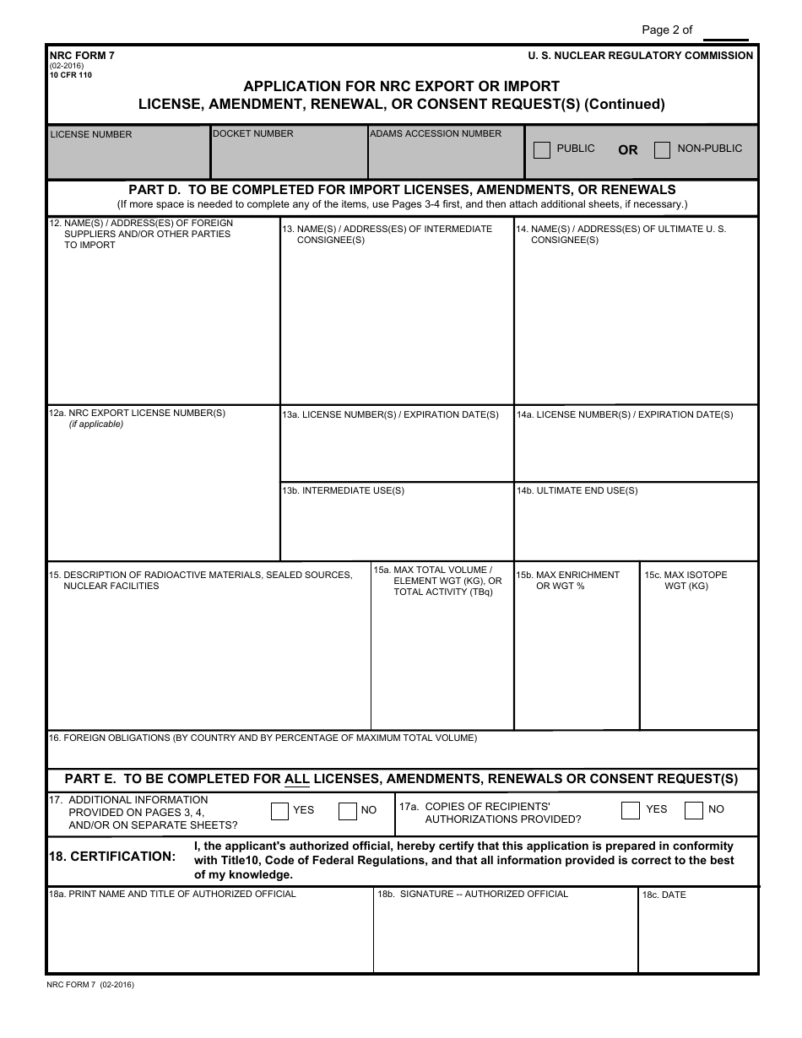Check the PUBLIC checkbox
click(x=542, y=150)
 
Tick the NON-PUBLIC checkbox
click(x=663, y=150)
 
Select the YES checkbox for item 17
click(x=279, y=811)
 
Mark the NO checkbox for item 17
click(x=347, y=811)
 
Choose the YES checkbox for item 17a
click(x=630, y=810)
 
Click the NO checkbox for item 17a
click(x=693, y=810)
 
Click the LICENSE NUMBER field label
click(x=91, y=134)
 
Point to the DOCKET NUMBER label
click(x=253, y=133)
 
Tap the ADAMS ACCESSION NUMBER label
click(x=436, y=133)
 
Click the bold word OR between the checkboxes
click(x=628, y=150)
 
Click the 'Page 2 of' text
click(x=667, y=30)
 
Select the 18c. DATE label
click(x=664, y=895)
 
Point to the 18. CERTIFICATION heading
click(x=112, y=857)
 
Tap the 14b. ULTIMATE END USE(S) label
click(x=577, y=490)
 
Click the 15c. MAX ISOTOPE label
click(x=685, y=575)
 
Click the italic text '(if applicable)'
click(x=96, y=424)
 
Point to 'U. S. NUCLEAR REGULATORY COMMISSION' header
click(x=641, y=56)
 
